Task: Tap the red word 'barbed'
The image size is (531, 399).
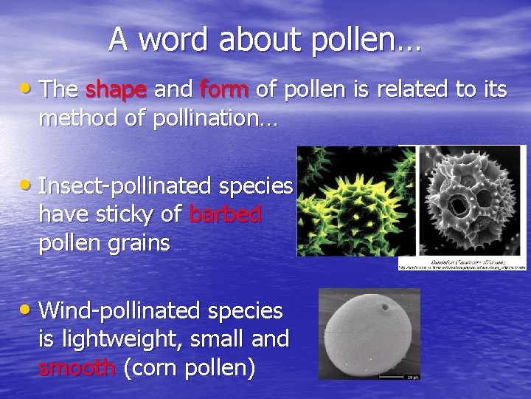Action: pyautogui.click(x=225, y=214)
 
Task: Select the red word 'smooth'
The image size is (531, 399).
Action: pyautogui.click(x=77, y=366)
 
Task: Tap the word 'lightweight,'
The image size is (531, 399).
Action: pyautogui.click(x=139, y=339)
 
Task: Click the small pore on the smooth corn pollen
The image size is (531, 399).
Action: pyautogui.click(x=384, y=304)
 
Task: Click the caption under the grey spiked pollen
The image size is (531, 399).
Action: pyautogui.click(x=462, y=264)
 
